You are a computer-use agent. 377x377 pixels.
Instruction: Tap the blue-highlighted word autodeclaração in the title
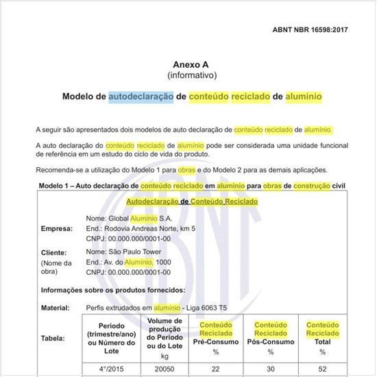(141, 97)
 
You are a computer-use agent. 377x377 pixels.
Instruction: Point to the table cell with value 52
(323, 369)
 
